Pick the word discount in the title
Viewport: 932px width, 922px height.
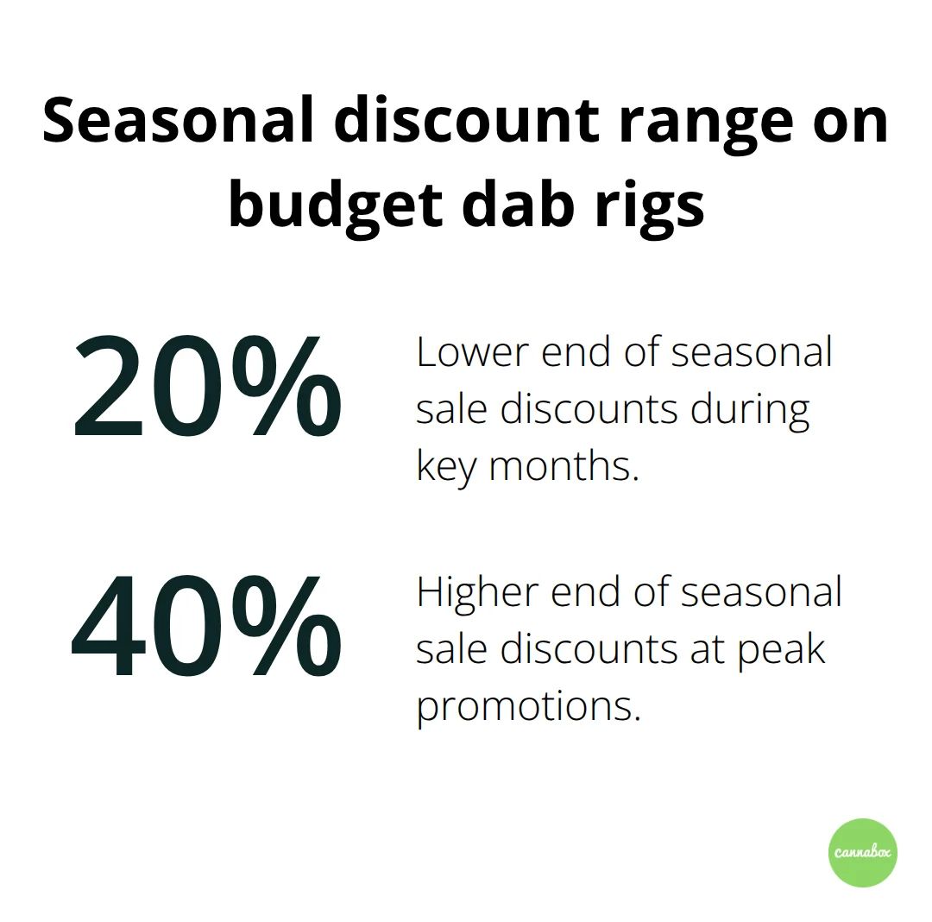coord(467,120)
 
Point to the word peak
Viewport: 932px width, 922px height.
coord(782,650)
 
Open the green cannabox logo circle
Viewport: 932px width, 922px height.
coord(863,852)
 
